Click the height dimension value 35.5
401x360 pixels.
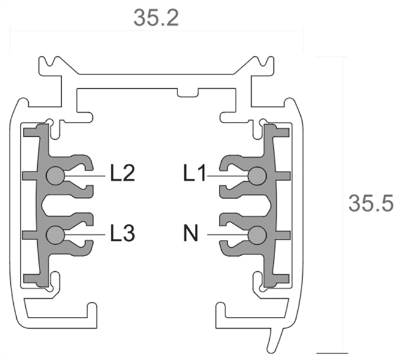[x=370, y=203]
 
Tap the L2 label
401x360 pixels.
[x=122, y=175]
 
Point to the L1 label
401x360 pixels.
[x=195, y=175]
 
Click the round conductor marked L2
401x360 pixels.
[x=55, y=175]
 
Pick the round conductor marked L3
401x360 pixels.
[x=55, y=233]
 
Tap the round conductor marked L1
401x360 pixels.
[x=258, y=175]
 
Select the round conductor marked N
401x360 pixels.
[x=258, y=233]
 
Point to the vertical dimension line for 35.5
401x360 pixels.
[x=342, y=204]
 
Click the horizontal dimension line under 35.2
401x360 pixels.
[x=156, y=32]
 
